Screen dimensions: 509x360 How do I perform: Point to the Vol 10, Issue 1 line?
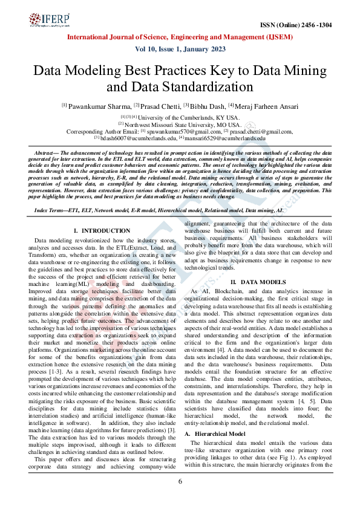[x=180, y=50]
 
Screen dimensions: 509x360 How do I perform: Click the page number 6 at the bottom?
[x=180, y=481]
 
